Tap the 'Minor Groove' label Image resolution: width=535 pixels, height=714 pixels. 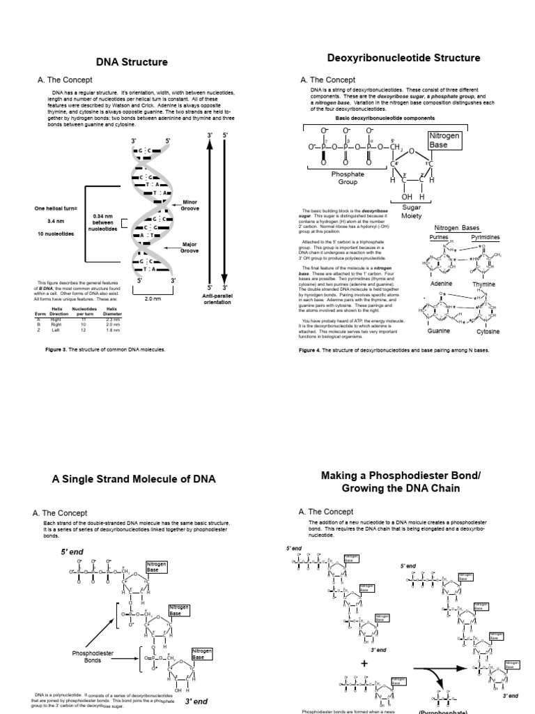pyautogui.click(x=189, y=205)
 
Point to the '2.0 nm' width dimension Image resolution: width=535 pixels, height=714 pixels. pyautogui.click(x=152, y=298)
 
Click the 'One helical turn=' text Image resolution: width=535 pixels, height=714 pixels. pyautogui.click(x=58, y=208)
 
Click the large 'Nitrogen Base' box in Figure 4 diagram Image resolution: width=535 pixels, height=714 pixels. pyautogui.click(x=444, y=140)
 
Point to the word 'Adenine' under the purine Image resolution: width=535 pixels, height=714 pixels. pyautogui.click(x=441, y=284)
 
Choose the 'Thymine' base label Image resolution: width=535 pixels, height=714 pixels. pyautogui.click(x=483, y=284)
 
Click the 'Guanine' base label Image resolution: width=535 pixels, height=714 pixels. pyautogui.click(x=439, y=331)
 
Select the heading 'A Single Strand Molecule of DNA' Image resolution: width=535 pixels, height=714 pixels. pyautogui.click(x=134, y=479)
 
